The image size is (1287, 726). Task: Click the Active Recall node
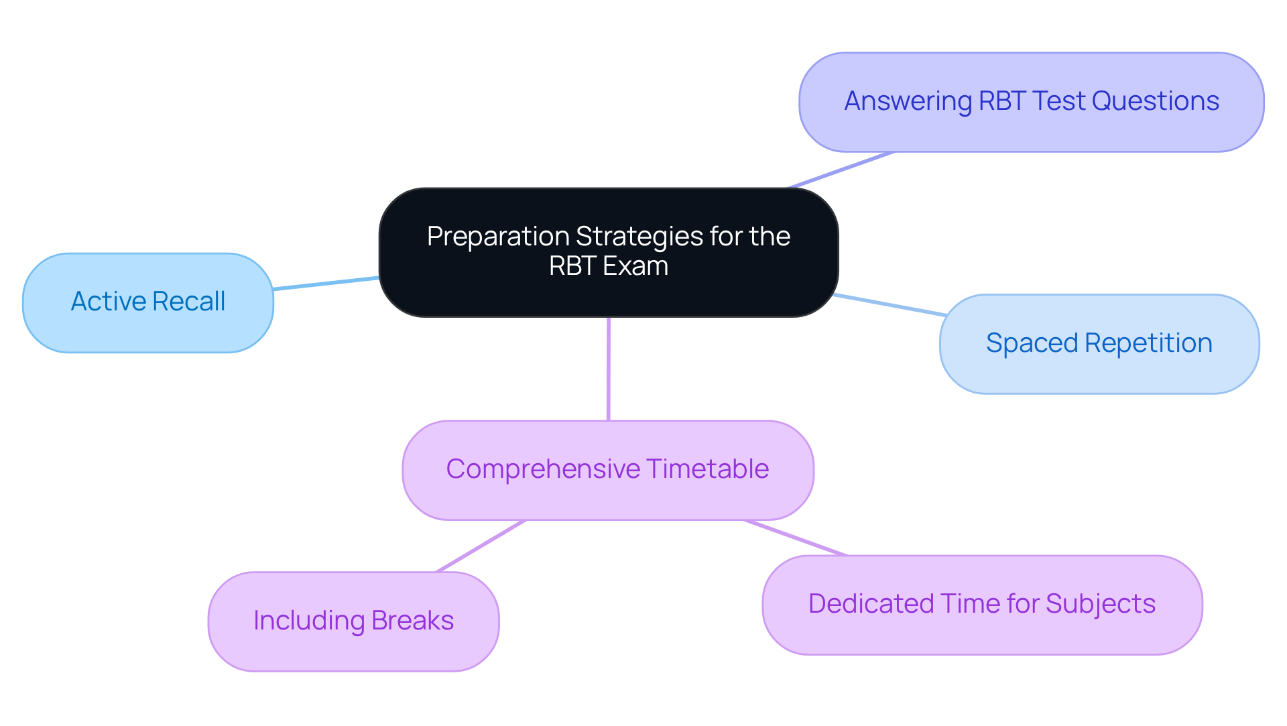tap(148, 303)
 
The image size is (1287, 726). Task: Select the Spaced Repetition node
tap(1099, 344)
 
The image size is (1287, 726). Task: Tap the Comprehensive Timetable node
tap(608, 470)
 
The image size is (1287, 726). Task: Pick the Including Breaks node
tap(353, 621)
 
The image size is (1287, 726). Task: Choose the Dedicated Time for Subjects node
tap(982, 605)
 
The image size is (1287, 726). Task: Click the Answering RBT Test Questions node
tap(1031, 102)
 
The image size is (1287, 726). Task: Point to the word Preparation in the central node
tap(498, 237)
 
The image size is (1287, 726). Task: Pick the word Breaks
tap(412, 621)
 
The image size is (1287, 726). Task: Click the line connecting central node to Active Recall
tap(326, 284)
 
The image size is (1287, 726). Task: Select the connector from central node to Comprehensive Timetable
tap(608, 369)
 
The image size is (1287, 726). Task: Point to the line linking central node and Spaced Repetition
tap(890, 305)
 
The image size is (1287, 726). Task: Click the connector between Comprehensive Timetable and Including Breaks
tap(481, 546)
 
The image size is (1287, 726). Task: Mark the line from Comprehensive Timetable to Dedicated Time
tap(795, 538)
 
